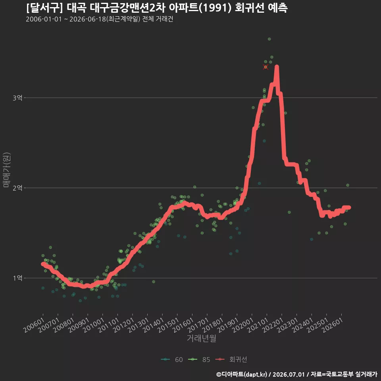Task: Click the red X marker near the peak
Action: coord(266,67)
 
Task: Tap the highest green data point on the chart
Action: coord(269,39)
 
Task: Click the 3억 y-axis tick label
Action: coord(17,98)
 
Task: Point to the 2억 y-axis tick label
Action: coord(17,188)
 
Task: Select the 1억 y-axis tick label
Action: coord(17,278)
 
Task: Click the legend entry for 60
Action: coord(172,360)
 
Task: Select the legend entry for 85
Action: coord(199,360)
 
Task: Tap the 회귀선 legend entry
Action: coord(231,360)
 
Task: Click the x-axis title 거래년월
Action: coord(202,338)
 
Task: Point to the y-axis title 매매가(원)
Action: coord(7,170)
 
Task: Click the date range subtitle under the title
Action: coord(100,19)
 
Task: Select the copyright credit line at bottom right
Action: coord(297,374)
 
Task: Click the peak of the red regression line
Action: coord(277,66)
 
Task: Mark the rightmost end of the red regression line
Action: coord(349,207)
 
